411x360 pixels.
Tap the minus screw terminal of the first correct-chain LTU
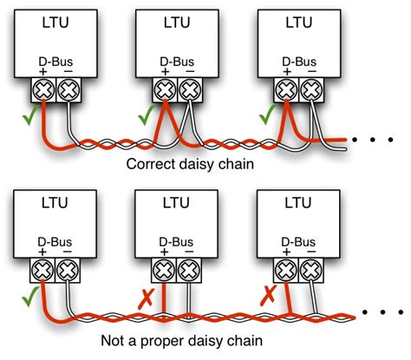(x=68, y=88)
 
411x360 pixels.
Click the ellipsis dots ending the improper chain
(x=385, y=311)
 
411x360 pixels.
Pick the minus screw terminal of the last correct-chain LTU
(x=311, y=88)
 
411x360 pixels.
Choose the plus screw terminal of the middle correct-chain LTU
(x=166, y=88)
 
